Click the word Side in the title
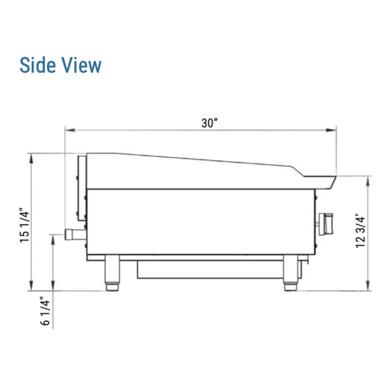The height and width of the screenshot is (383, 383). pyautogui.click(x=38, y=65)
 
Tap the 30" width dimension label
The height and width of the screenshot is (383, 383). pyautogui.click(x=210, y=123)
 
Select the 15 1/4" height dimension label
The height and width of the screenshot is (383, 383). pyautogui.click(x=24, y=225)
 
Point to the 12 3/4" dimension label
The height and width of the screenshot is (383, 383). pyautogui.click(x=360, y=231)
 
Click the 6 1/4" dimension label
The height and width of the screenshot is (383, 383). pyautogui.click(x=45, y=311)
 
